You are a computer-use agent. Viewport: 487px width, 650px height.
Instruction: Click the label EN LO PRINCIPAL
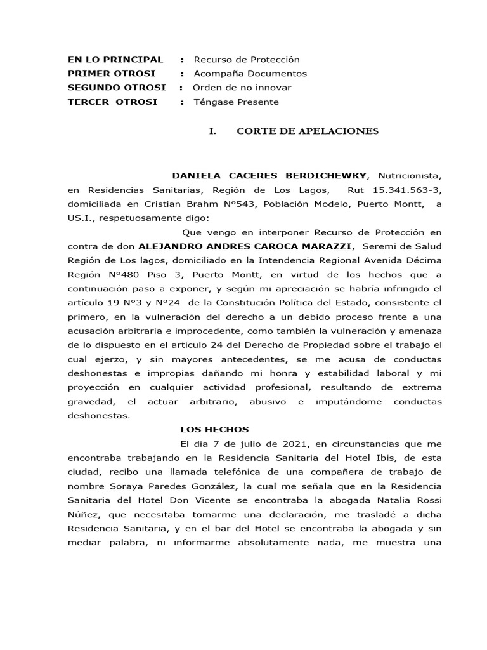click(115, 60)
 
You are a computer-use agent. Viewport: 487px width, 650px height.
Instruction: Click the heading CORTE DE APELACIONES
click(307, 131)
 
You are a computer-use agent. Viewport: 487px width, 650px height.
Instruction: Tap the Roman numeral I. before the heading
click(213, 131)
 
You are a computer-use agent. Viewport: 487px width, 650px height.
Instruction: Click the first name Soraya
click(128, 486)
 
